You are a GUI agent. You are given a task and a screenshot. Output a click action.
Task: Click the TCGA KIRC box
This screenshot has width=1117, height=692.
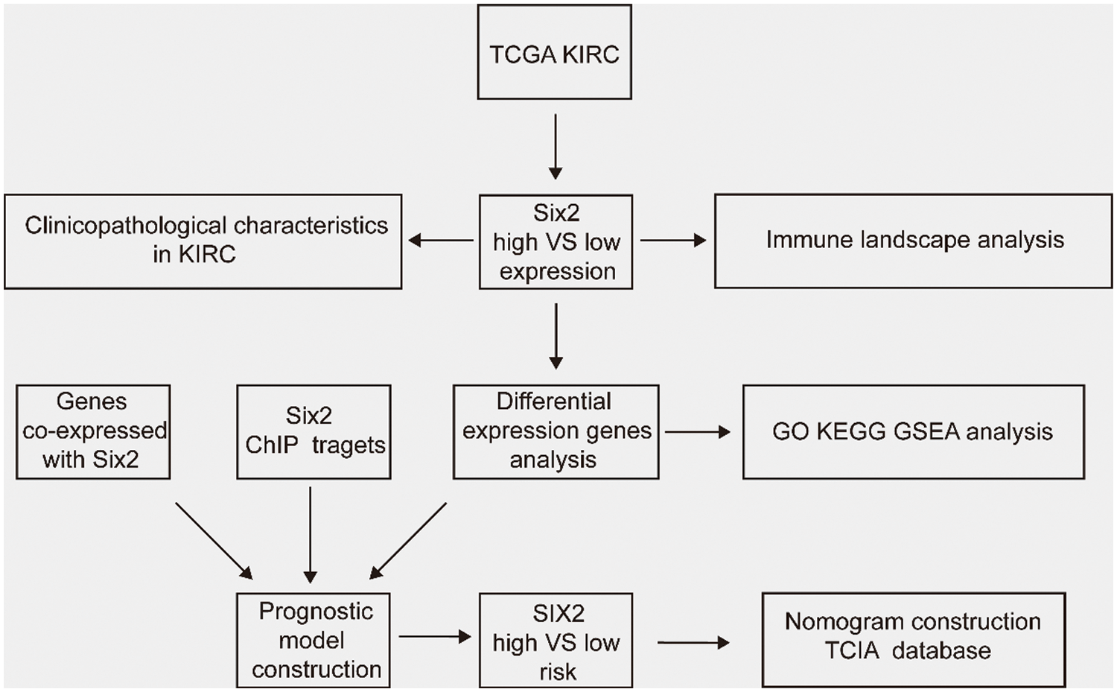[x=555, y=52]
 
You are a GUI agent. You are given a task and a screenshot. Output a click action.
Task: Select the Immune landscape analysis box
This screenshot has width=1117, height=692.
[x=914, y=241]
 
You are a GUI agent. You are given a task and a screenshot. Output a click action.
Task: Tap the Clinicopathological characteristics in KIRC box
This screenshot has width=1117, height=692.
[x=203, y=241]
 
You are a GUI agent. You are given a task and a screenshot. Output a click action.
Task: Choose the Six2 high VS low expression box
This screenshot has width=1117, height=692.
[x=556, y=242]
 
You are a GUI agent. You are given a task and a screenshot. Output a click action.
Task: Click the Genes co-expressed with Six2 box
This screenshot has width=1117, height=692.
[x=93, y=432]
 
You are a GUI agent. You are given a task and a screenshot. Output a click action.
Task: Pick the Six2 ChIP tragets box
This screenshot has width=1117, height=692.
[x=314, y=432]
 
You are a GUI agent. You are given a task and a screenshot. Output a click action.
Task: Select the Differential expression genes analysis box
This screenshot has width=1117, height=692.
[x=556, y=432]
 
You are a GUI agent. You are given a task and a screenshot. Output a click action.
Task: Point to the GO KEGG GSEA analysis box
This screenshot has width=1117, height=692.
[x=914, y=432]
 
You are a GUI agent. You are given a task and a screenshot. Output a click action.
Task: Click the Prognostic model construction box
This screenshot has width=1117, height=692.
[x=314, y=641]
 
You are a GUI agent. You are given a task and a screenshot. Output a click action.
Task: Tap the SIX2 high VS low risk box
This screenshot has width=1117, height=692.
[x=556, y=641]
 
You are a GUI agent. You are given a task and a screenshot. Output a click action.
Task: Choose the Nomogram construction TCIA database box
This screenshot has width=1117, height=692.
[x=914, y=640]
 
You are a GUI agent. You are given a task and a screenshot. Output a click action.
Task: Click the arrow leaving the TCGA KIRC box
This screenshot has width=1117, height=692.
[x=555, y=147]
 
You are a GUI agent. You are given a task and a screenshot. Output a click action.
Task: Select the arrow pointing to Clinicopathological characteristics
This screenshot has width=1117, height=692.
[x=441, y=241]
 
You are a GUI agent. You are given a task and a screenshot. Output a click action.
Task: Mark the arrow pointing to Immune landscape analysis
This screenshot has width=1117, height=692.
[x=673, y=241]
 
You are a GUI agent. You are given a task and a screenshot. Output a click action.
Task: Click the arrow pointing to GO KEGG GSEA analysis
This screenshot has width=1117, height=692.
[x=698, y=432]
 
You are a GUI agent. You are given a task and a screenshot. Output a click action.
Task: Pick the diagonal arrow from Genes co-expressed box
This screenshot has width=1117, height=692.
[x=214, y=542]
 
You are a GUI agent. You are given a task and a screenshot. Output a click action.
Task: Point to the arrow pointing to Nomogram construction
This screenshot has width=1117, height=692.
[x=693, y=643]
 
